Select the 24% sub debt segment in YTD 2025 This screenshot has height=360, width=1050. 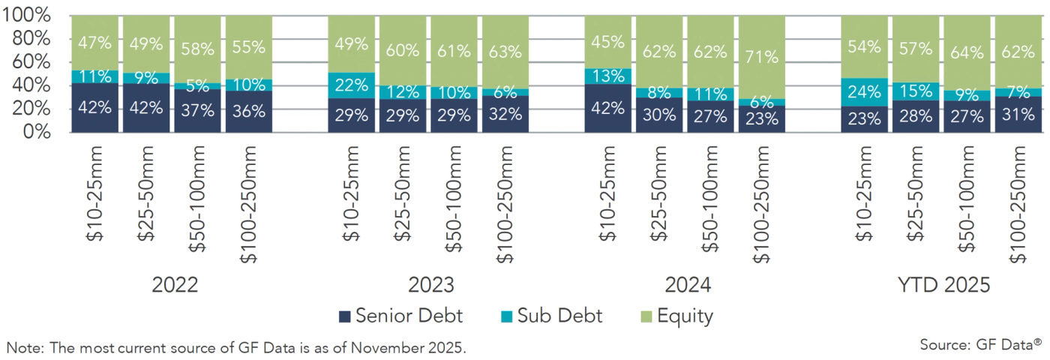pos(864,93)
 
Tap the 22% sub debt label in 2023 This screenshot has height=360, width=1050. pos(351,85)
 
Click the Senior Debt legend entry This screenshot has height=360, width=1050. pos(401,316)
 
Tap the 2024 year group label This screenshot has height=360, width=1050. pos(687,286)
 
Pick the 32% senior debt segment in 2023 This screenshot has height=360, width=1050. pos(505,114)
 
